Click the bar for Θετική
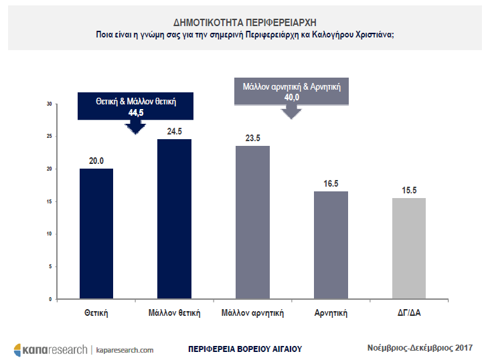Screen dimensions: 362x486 tap(96, 234)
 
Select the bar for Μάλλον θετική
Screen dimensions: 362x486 tap(174, 219)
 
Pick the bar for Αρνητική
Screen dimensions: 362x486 tap(330, 245)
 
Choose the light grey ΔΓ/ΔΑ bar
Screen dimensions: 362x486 tap(408, 248)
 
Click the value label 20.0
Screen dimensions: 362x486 tap(96, 161)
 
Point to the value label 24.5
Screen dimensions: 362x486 tap(174, 132)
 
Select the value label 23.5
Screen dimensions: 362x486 tap(252, 139)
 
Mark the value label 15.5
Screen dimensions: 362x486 tap(408, 191)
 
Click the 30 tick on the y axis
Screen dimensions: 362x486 tap(49, 104)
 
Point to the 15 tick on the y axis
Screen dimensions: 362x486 tap(49, 201)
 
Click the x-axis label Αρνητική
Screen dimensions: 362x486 tap(330, 312)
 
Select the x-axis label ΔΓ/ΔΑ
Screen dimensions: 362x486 tap(408, 312)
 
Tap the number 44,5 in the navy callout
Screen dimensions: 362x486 tap(137, 114)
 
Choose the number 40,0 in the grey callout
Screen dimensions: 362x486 tap(292, 97)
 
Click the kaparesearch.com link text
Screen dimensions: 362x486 tap(125, 349)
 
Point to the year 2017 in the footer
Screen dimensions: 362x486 tap(462, 347)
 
